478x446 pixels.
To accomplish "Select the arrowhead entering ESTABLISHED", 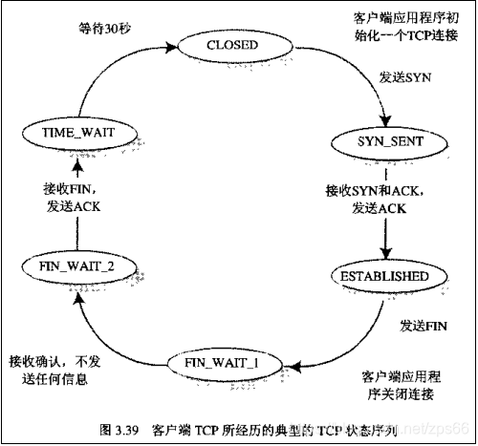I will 384,255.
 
